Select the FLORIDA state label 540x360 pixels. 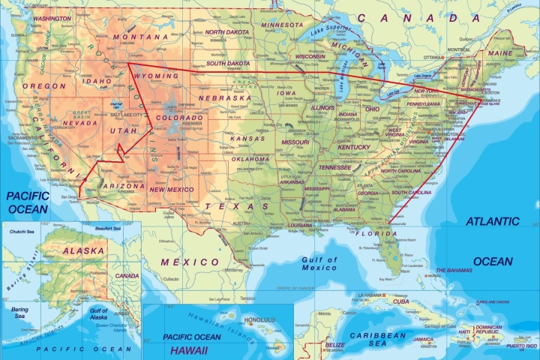[377, 233]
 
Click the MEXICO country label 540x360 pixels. [190, 262]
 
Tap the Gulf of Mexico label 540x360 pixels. [319, 263]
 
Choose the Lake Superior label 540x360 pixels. [330, 30]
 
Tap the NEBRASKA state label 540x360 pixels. [224, 97]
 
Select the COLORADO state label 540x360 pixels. [178, 118]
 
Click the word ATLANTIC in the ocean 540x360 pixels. [492, 221]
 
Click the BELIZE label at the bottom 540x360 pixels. [334, 346]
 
